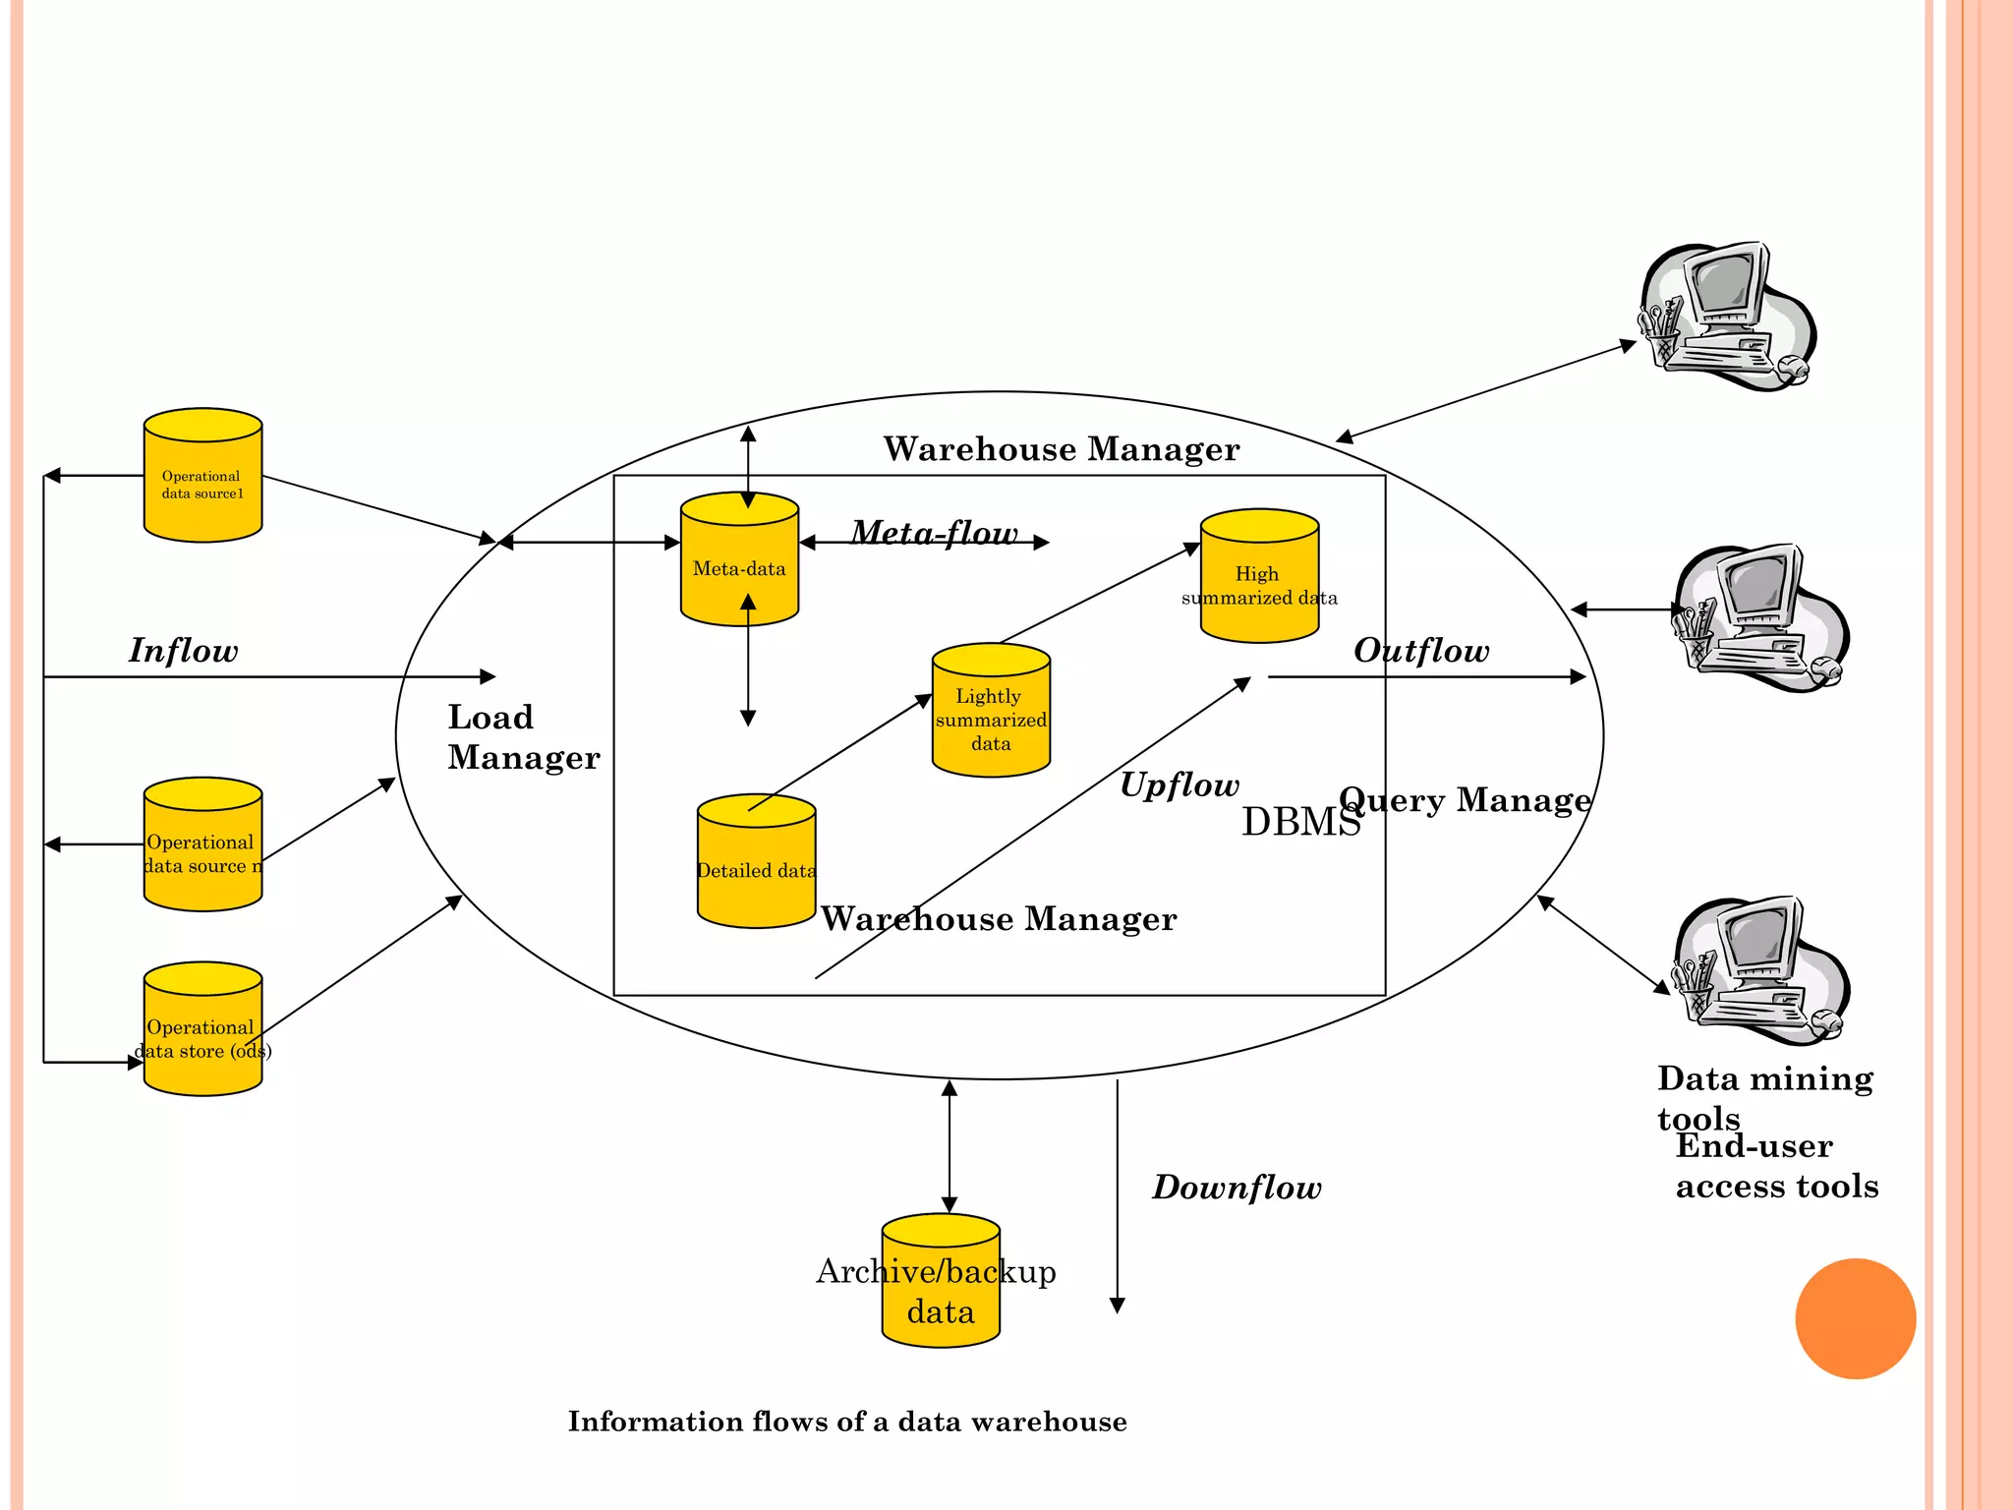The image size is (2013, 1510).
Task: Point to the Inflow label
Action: (x=183, y=651)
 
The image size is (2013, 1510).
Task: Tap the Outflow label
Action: (x=1421, y=651)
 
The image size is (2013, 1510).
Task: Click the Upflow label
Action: (x=1179, y=784)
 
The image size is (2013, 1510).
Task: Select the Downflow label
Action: (x=1237, y=1188)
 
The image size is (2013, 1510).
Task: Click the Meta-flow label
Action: (x=934, y=533)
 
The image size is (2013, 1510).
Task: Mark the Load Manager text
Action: (x=522, y=737)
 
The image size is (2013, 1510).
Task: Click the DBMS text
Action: (x=1300, y=822)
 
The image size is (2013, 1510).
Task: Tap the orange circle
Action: (x=1855, y=1318)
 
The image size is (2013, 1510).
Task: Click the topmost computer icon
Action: (x=1727, y=317)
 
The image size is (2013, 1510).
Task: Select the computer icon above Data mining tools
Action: (x=1760, y=970)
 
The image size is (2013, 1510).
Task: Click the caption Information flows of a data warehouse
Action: (x=847, y=1422)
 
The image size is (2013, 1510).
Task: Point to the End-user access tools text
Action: (x=1775, y=1167)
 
